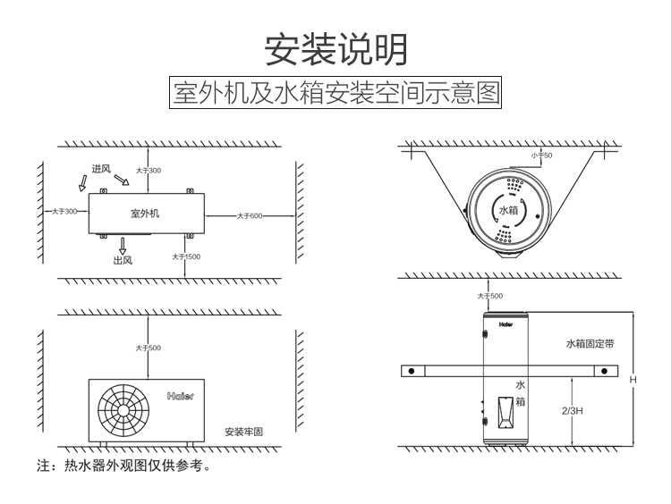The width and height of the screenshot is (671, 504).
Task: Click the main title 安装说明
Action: point(335,49)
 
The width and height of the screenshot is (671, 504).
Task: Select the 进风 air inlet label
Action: point(100,169)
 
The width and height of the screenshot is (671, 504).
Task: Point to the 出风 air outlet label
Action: point(123,260)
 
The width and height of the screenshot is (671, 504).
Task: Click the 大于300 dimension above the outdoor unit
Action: point(149,170)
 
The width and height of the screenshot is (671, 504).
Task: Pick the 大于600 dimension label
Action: point(250,215)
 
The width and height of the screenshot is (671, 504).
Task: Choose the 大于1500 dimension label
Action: point(186,256)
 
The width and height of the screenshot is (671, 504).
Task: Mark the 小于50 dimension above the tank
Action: point(542,155)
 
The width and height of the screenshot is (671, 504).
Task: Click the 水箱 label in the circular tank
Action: point(507,211)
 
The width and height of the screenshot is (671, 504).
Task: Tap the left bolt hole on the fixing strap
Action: point(410,371)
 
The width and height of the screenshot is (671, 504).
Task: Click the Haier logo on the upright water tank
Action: point(506,315)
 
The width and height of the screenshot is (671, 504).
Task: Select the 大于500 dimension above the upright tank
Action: point(490,295)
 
